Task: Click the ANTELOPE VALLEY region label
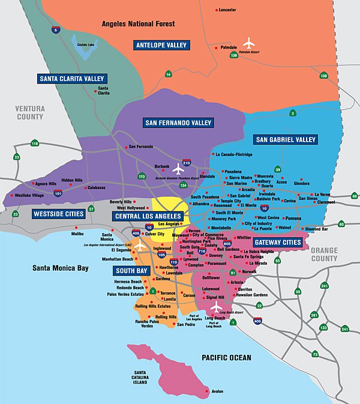click(x=161, y=45)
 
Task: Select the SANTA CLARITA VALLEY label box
click(x=72, y=79)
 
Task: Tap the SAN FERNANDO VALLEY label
click(x=178, y=123)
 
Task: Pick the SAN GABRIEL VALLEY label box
click(x=286, y=140)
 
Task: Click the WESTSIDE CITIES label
click(x=58, y=214)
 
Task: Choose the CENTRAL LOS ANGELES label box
click(x=148, y=216)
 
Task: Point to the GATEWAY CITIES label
click(x=277, y=243)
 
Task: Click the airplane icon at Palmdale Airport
click(x=250, y=43)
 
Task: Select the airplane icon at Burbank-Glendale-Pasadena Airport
click(x=178, y=169)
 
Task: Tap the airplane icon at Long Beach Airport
click(x=217, y=307)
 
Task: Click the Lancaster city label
click(x=227, y=10)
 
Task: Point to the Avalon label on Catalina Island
click(x=217, y=391)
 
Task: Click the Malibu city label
click(x=78, y=234)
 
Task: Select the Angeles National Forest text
click(x=138, y=24)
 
